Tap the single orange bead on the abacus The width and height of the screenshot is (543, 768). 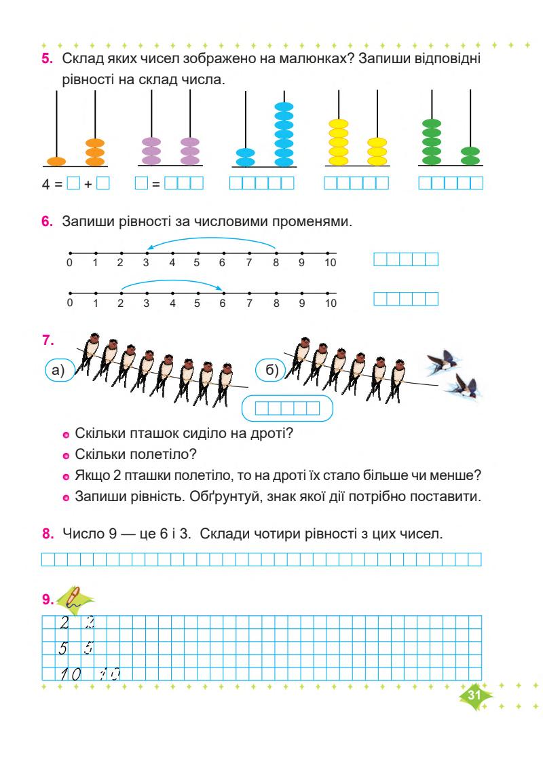56,162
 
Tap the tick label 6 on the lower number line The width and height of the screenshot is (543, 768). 222,304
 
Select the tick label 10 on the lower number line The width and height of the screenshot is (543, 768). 329,304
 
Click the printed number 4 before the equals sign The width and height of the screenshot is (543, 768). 45,183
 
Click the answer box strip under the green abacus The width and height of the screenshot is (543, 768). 451,183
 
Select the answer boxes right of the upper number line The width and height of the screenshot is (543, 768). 406,259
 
